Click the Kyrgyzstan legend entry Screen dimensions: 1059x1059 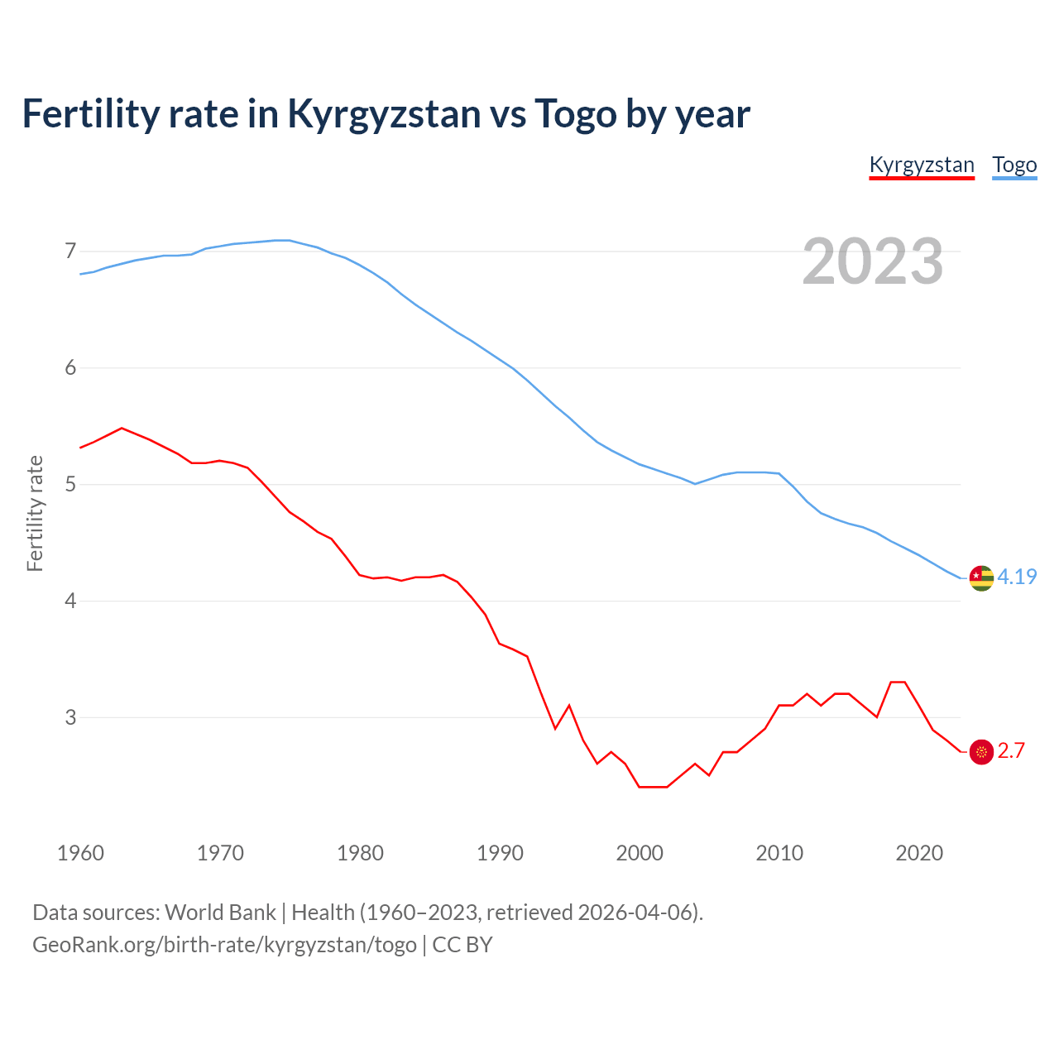click(x=922, y=165)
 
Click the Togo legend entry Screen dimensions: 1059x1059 click(x=1014, y=165)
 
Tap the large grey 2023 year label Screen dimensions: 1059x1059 click(x=873, y=261)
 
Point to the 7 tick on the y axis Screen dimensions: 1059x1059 click(x=70, y=251)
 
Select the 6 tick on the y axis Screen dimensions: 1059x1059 click(x=70, y=367)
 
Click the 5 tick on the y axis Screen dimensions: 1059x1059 click(x=70, y=484)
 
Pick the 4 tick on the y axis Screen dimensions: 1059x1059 click(x=70, y=601)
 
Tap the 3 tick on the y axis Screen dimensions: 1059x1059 click(x=70, y=717)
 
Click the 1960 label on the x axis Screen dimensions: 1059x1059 click(x=80, y=853)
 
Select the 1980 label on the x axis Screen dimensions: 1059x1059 click(x=360, y=853)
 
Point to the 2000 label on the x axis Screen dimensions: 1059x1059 click(x=640, y=853)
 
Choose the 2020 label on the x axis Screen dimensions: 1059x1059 click(x=919, y=853)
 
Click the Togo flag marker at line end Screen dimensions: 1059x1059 click(x=981, y=578)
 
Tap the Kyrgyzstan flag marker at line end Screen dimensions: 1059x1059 click(x=981, y=751)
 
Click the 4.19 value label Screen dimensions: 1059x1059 click(x=1017, y=577)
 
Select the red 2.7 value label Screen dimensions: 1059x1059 click(x=1011, y=750)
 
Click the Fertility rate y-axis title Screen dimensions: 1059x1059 click(x=35, y=513)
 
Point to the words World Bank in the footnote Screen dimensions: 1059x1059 click(x=220, y=913)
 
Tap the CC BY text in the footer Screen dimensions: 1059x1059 click(x=462, y=945)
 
